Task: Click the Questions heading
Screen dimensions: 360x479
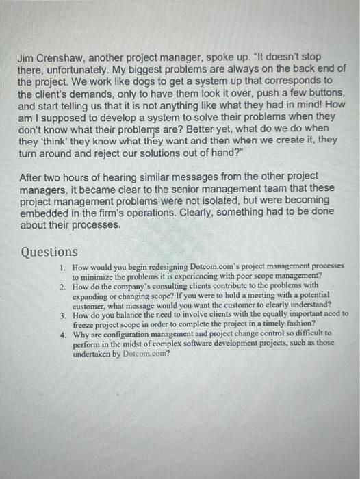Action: [49, 252]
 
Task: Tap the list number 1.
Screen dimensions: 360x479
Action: [62, 266]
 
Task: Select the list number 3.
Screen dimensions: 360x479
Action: [62, 315]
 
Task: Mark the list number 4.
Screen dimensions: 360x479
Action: [62, 335]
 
